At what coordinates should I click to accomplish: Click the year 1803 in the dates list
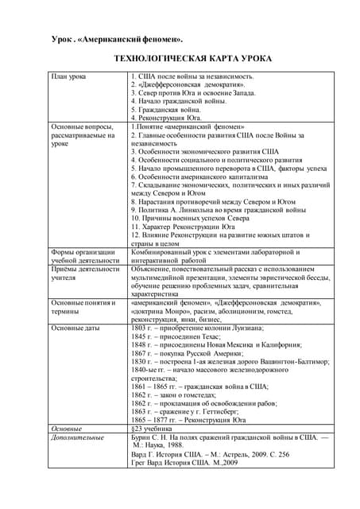(x=138, y=328)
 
